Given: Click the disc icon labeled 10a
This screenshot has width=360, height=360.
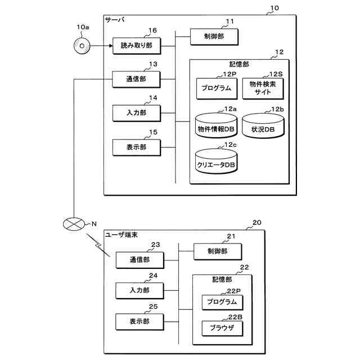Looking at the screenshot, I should (82, 46).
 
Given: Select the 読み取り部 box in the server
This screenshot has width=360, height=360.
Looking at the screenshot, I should (137, 46).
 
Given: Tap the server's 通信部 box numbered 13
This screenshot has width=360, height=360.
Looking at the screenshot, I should (137, 79).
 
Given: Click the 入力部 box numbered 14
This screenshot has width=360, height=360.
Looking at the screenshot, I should (137, 113).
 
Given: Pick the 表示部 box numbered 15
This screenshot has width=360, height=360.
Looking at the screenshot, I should (137, 147).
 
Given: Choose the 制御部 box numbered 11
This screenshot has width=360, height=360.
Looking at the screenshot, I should (214, 37).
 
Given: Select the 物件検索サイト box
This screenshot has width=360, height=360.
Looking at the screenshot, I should (263, 88).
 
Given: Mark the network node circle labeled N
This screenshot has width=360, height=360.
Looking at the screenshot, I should (75, 223).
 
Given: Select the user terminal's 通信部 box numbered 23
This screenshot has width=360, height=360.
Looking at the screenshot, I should (139, 260).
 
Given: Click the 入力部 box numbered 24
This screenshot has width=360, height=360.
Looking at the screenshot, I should (139, 291).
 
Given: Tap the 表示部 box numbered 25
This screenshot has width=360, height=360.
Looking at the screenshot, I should (139, 322).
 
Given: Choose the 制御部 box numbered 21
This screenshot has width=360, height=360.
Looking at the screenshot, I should (217, 251).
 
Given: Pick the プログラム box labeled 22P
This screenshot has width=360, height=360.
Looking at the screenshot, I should (222, 303).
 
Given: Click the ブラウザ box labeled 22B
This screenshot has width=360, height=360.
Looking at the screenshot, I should (222, 327).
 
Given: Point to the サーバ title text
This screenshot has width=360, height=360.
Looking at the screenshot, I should (115, 20).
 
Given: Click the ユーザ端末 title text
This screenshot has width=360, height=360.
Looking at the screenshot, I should (121, 234).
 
